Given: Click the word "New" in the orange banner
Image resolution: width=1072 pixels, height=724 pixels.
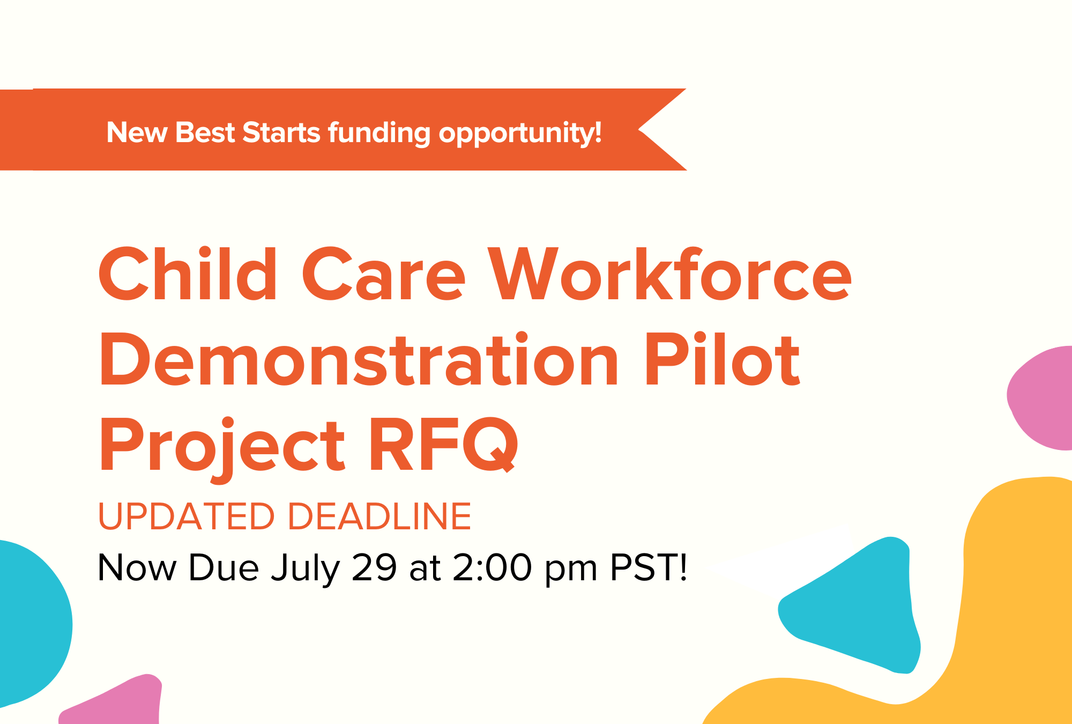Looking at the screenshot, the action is pyautogui.click(x=137, y=132).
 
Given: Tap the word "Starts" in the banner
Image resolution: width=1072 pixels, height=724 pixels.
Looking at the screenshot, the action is pyautogui.click(x=281, y=132).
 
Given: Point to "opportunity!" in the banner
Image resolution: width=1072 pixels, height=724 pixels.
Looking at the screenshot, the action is pyautogui.click(x=520, y=134).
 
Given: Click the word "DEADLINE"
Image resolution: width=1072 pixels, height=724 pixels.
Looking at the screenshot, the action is pyautogui.click(x=380, y=516).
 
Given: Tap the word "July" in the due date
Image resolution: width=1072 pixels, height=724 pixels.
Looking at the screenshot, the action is pyautogui.click(x=306, y=570).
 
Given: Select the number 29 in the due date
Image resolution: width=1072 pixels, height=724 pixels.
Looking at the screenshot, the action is pyautogui.click(x=374, y=567).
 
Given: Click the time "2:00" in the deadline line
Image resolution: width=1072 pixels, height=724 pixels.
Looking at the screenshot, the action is pyautogui.click(x=493, y=567).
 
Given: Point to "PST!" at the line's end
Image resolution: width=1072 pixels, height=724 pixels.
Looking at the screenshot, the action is pyautogui.click(x=649, y=567).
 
